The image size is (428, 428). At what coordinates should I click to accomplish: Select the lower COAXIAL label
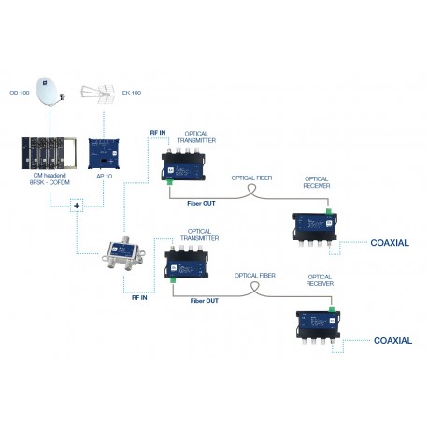point(392,340)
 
